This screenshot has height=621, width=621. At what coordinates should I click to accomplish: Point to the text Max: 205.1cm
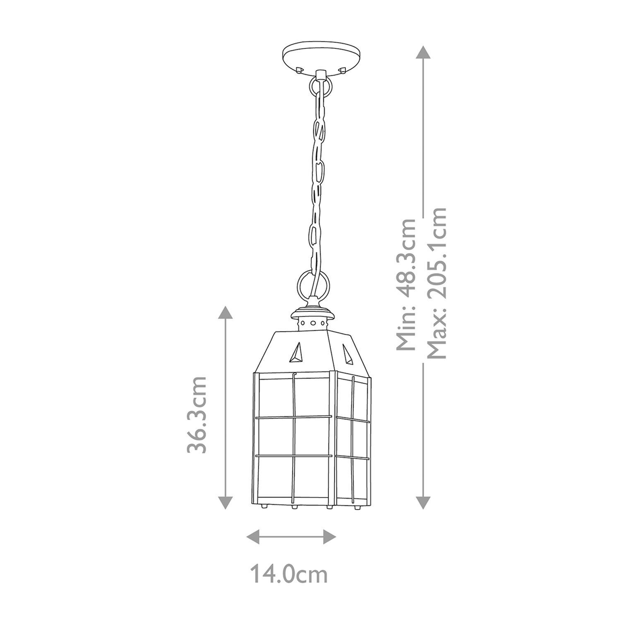click(437, 283)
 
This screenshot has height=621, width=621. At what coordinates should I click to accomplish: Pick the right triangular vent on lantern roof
click(348, 353)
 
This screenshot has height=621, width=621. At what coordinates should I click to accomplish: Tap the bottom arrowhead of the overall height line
click(423, 501)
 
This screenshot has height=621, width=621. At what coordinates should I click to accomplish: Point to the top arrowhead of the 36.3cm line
click(225, 313)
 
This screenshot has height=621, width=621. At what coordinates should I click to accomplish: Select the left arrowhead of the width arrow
click(253, 536)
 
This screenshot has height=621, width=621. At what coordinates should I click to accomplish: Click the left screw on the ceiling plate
click(300, 70)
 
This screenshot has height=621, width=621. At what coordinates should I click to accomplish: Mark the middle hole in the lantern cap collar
click(313, 322)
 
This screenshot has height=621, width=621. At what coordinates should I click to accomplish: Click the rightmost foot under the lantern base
click(358, 506)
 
